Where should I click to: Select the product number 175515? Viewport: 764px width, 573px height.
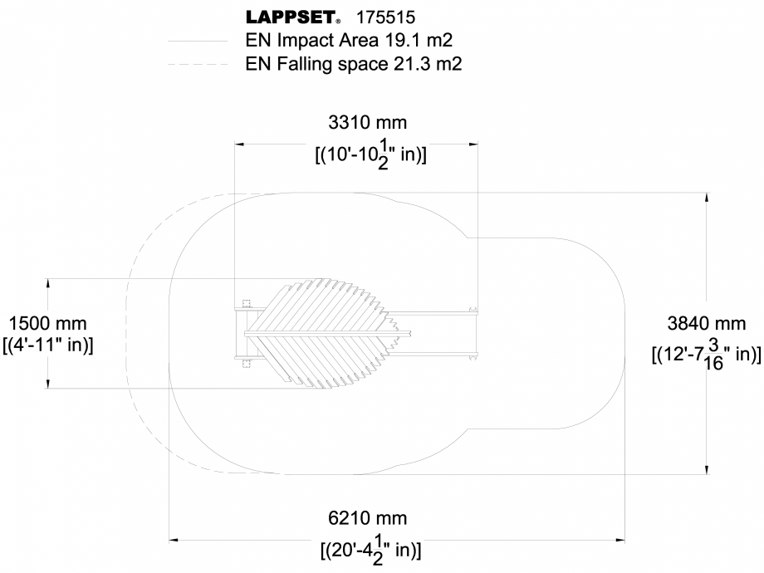click(x=385, y=17)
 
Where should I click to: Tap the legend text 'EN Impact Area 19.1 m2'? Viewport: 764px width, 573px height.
click(x=349, y=40)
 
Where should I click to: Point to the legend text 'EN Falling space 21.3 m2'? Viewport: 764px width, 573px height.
click(x=354, y=64)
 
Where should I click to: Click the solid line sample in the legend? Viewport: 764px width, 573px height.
click(x=197, y=40)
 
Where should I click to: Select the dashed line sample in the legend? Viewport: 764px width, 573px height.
click(x=197, y=64)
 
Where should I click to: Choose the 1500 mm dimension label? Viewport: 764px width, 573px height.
click(x=47, y=323)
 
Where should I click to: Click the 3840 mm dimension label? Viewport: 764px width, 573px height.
click(x=706, y=323)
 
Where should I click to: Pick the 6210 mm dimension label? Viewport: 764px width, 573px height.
click(x=368, y=518)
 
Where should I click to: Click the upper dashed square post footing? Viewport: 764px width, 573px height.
click(x=244, y=303)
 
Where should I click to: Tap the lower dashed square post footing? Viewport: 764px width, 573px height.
click(x=244, y=362)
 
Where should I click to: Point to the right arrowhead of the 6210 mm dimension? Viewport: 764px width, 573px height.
click(x=619, y=539)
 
